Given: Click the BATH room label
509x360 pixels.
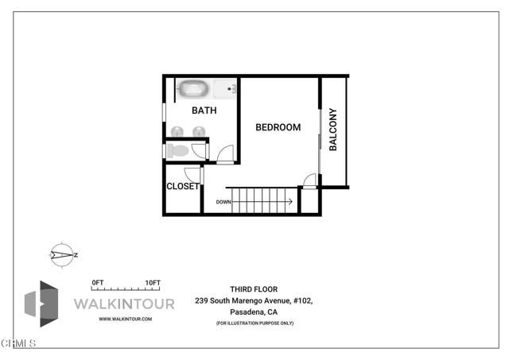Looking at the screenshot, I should (x=204, y=110).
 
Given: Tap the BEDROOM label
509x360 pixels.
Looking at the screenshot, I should (x=278, y=127).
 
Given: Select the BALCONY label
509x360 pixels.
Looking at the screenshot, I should (x=333, y=130).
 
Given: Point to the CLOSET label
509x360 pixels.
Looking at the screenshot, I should (x=182, y=187).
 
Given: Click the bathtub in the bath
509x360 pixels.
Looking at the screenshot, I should (x=193, y=88).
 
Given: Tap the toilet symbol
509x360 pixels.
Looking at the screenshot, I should (x=178, y=150).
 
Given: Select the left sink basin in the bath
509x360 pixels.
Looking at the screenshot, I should (x=178, y=131).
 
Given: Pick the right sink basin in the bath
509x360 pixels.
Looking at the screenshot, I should (x=198, y=131).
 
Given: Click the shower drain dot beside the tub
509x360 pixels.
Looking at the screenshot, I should (x=234, y=88).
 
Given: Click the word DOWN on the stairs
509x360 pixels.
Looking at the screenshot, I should (x=223, y=202).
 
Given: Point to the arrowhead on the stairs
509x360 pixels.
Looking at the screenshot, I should (x=289, y=202).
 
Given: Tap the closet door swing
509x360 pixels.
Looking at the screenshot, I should (x=192, y=175).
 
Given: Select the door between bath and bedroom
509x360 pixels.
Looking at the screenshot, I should (x=226, y=154).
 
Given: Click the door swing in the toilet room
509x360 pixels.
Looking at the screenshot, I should (x=199, y=149).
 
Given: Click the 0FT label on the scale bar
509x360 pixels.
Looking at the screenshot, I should (x=98, y=282).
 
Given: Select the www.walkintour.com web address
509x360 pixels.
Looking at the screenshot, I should (x=125, y=319).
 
